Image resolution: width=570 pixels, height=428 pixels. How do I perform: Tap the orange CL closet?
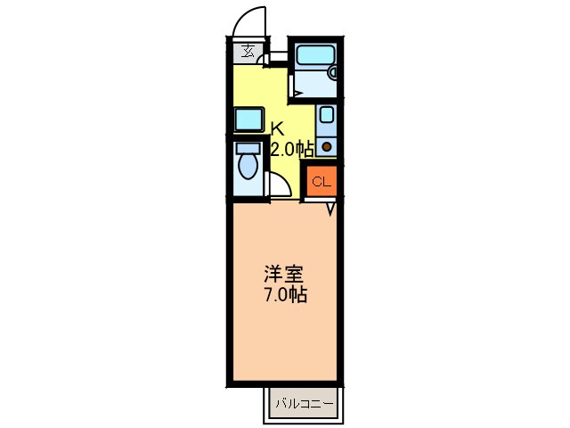(x=322, y=182)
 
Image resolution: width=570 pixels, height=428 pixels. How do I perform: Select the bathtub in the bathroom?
(x=313, y=56)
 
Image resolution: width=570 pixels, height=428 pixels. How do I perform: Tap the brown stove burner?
(x=328, y=145)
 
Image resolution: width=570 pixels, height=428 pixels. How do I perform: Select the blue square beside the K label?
(x=248, y=119)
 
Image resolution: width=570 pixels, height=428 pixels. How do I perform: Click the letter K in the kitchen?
(x=277, y=128)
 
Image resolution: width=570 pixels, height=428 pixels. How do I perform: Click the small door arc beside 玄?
(x=265, y=59)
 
